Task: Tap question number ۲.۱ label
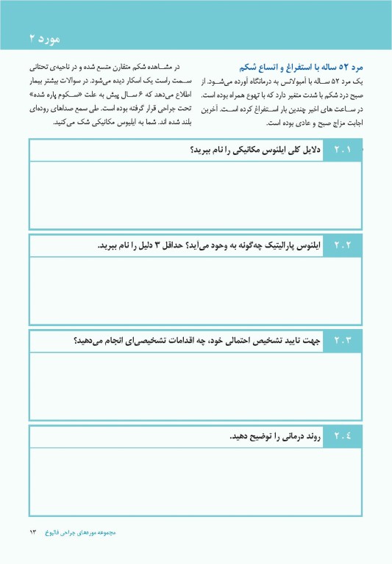[x=343, y=151]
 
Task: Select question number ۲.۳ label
[x=343, y=341]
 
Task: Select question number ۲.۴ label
[x=343, y=436]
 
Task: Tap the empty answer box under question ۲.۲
[x=196, y=291]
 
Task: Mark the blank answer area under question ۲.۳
[x=196, y=386]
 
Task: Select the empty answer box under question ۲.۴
[x=196, y=482]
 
